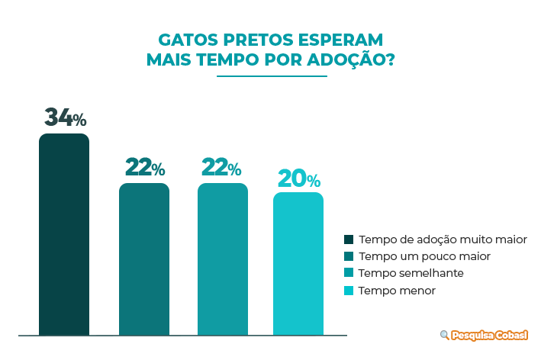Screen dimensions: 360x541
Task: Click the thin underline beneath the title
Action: coord(272,76)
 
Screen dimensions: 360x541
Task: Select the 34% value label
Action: coord(64,118)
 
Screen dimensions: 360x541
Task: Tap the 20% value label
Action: coord(298,179)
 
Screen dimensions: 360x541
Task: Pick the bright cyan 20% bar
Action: coord(298,263)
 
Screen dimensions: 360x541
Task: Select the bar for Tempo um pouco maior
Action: coord(143,259)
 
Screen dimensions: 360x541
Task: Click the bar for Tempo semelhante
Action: coord(223,259)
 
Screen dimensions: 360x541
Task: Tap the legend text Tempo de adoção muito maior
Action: coord(443,239)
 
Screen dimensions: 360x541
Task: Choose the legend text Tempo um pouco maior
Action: coord(424,256)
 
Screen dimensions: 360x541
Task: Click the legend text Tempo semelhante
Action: coord(411,273)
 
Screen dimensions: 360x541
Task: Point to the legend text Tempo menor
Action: coord(397,291)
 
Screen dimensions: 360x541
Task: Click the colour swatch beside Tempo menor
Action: coord(349,291)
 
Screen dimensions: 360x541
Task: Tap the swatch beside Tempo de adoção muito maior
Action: coord(349,239)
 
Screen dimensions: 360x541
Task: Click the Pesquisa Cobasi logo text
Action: coord(490,335)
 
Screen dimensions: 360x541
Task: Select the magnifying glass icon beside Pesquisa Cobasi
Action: coord(444,335)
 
